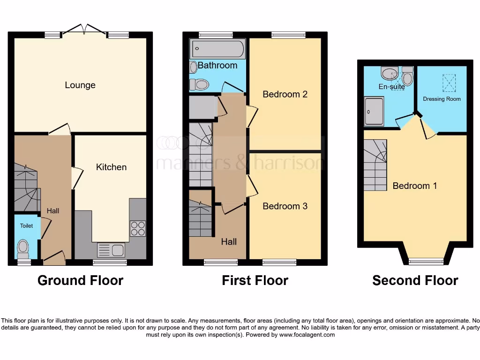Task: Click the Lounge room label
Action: click(x=80, y=85)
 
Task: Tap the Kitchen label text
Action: click(x=111, y=167)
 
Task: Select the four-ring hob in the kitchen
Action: click(x=138, y=228)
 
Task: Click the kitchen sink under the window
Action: click(x=111, y=250)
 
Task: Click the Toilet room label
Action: click(x=26, y=226)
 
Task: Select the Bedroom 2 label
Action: click(x=285, y=94)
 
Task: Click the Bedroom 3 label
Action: click(x=285, y=206)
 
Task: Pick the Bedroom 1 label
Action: click(x=415, y=186)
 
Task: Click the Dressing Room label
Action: click(x=442, y=99)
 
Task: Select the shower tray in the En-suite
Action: click(x=375, y=112)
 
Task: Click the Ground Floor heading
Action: click(x=80, y=280)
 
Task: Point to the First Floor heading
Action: click(x=255, y=280)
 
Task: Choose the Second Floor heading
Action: click(x=415, y=280)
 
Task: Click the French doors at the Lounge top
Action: click(x=84, y=30)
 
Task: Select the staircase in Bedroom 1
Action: click(x=375, y=165)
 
